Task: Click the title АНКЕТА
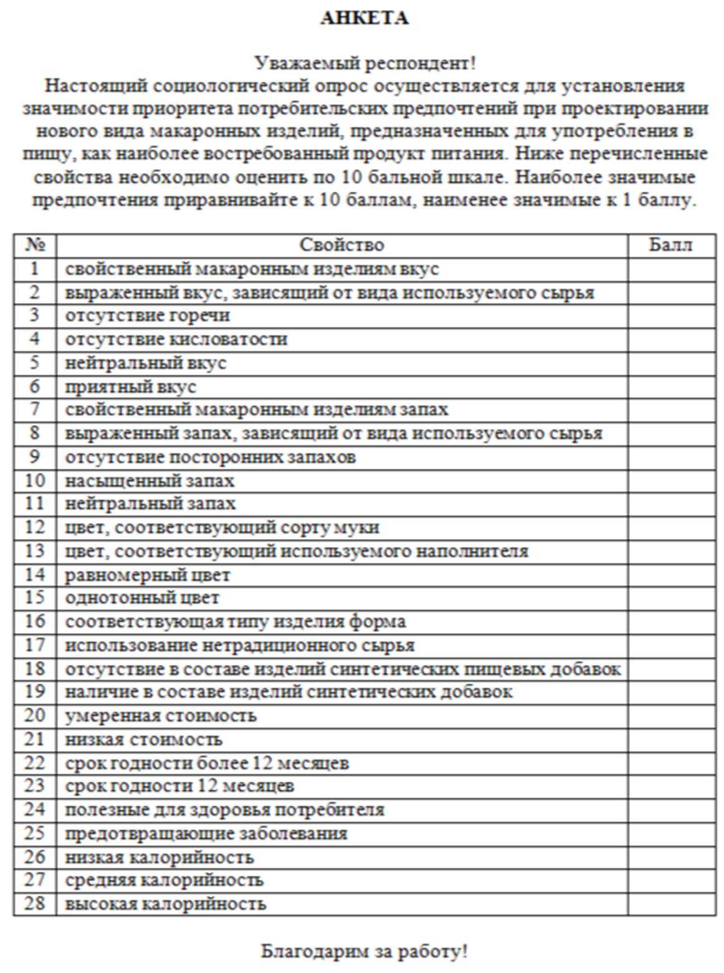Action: coord(364,18)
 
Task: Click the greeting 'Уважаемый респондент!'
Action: coord(364,63)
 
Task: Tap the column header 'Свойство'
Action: coord(341,245)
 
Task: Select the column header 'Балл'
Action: coord(670,245)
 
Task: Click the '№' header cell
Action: coord(35,245)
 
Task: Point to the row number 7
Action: coord(35,410)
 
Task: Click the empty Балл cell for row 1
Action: coord(671,269)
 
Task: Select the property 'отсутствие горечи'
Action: coord(148,316)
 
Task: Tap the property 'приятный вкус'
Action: coord(131,387)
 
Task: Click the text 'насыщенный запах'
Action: coord(150,481)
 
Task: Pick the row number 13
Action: coord(35,551)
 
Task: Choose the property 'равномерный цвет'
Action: coord(148,575)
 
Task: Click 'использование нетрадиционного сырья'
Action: coord(240,645)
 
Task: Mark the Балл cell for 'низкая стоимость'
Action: coord(671,740)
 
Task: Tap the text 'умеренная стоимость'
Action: coord(161,716)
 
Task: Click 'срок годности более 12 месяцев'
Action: coord(207,763)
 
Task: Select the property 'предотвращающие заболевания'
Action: coord(206,834)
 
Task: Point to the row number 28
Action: coord(35,903)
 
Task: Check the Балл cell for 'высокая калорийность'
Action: coord(671,903)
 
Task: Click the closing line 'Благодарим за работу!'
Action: coord(364,951)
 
